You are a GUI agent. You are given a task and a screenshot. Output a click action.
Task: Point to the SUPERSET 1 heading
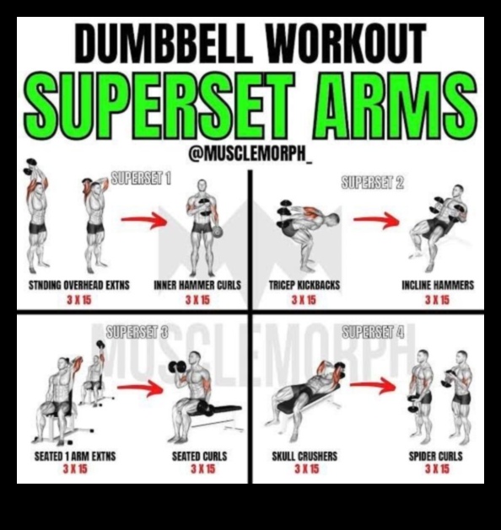(142, 179)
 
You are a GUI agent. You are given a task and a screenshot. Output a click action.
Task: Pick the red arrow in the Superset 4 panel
(373, 387)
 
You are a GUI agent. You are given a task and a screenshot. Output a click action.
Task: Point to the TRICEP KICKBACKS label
(304, 286)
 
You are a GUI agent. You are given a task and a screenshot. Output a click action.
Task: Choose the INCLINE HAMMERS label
(437, 286)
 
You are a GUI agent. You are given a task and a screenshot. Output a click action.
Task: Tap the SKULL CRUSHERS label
(304, 457)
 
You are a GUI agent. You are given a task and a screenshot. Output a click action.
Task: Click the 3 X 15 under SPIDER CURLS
(437, 468)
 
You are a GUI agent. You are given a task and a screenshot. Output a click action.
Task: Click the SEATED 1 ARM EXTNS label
(75, 457)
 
